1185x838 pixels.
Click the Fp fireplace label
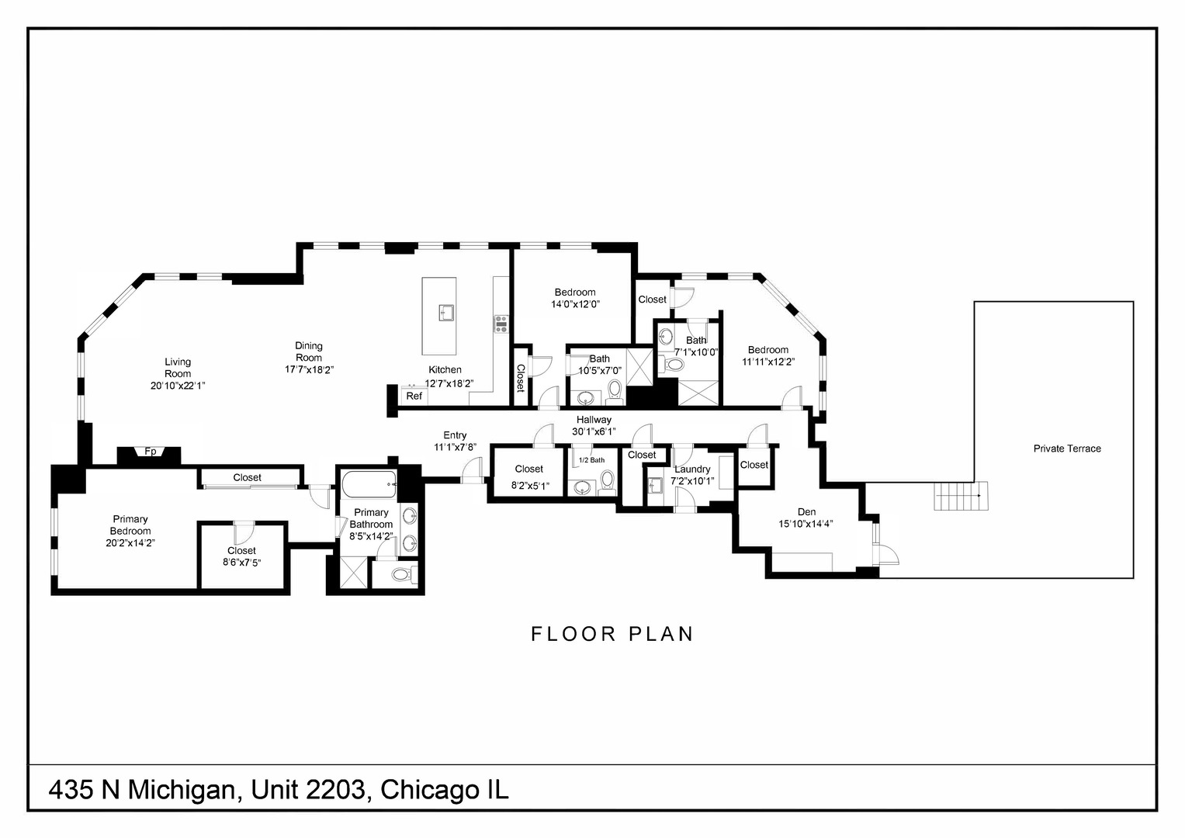(x=151, y=452)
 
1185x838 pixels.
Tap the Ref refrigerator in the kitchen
(x=414, y=396)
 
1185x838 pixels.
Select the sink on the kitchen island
(x=446, y=313)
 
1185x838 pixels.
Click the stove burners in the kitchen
(x=501, y=324)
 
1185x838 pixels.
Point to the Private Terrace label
(x=1067, y=448)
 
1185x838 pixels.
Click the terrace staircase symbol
(x=961, y=496)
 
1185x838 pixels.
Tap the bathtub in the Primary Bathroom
(x=369, y=485)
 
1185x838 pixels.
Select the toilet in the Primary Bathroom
(x=403, y=574)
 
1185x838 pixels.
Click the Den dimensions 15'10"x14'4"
(x=806, y=524)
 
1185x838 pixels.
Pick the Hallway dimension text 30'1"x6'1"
(x=594, y=431)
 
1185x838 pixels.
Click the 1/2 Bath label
(x=591, y=460)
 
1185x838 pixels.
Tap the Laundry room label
(x=692, y=469)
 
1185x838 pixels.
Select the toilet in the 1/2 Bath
(x=608, y=480)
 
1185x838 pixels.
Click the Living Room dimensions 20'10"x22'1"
(x=178, y=386)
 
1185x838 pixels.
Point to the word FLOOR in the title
(x=573, y=634)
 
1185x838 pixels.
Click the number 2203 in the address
(x=335, y=790)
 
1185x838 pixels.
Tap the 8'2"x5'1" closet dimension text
(x=530, y=486)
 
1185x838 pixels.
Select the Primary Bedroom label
(x=130, y=525)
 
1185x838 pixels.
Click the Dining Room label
(x=309, y=351)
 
